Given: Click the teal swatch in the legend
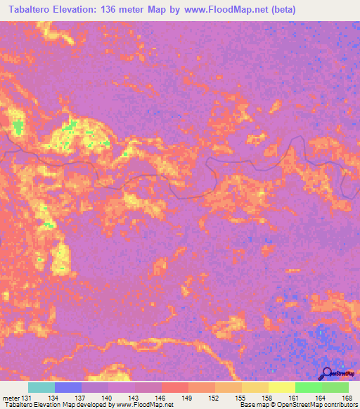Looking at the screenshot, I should pyautogui.click(x=41, y=387).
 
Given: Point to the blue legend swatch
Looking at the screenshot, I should pyautogui.click(x=68, y=387).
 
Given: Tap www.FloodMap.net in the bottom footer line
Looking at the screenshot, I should pyautogui.click(x=146, y=405).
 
